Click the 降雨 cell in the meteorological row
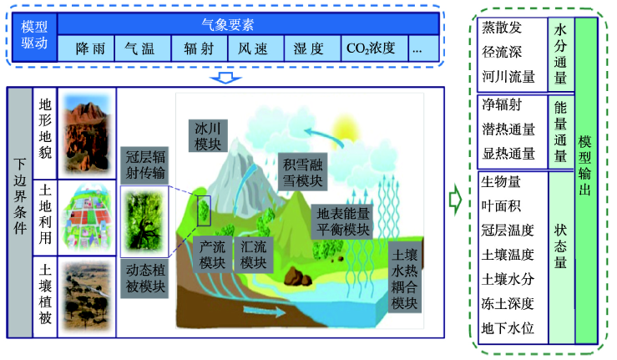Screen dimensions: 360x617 tap(90, 49)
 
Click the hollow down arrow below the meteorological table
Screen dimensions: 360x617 tap(225, 77)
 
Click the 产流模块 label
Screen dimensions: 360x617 tap(213, 254)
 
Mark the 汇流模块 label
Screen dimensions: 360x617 tap(255, 254)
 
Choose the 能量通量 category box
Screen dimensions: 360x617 tap(560, 131)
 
